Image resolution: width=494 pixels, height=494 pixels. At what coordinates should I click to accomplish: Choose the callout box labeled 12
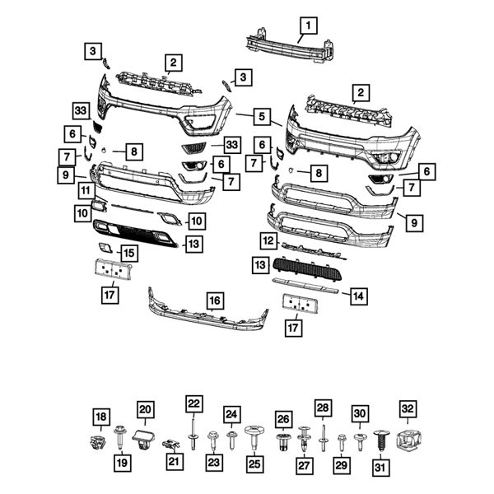pos(268,241)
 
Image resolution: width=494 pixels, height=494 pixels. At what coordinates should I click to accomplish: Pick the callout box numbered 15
pos(129,253)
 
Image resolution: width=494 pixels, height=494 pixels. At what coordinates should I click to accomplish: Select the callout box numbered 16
pos(214,301)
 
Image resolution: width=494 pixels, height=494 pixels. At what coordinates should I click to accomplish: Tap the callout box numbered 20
pos(145,409)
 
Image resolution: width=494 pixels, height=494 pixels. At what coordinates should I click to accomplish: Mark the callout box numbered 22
pos(193,404)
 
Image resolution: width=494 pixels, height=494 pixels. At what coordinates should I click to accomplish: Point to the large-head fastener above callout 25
pos(254,434)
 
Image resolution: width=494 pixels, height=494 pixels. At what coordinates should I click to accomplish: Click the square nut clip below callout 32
pos(408,440)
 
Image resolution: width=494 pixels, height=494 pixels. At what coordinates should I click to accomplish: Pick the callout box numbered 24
pos(232,415)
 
